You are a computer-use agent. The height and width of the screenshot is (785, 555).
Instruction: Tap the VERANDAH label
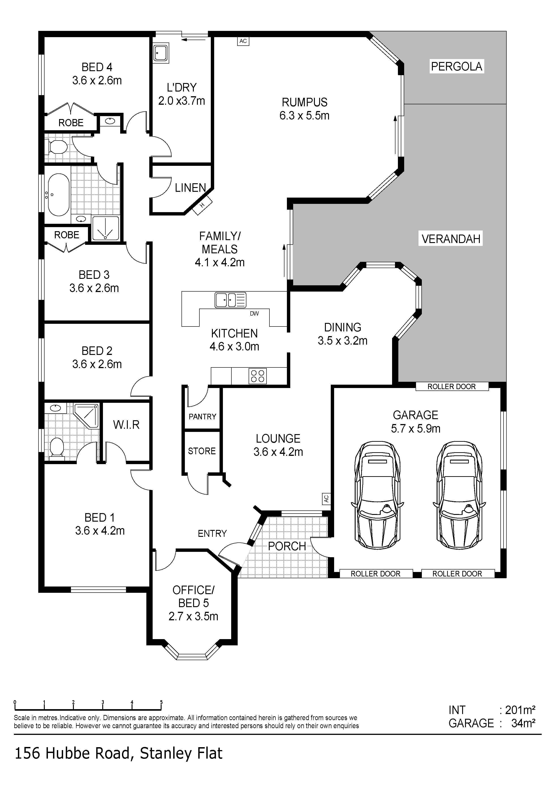pyautogui.click(x=451, y=239)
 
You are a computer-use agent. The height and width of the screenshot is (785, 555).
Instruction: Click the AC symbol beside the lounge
pyautogui.click(x=326, y=499)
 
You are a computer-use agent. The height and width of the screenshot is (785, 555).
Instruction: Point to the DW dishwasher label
pyautogui.click(x=254, y=313)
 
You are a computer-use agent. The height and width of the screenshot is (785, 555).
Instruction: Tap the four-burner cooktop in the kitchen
pyautogui.click(x=258, y=376)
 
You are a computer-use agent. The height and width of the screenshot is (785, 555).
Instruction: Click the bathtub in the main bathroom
pyautogui.click(x=58, y=194)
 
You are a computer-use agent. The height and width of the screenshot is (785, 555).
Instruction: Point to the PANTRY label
pyautogui.click(x=203, y=416)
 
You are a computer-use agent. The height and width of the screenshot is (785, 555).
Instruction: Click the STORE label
pyautogui.click(x=202, y=451)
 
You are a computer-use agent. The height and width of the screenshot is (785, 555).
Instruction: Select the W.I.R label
pyautogui.click(x=126, y=425)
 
